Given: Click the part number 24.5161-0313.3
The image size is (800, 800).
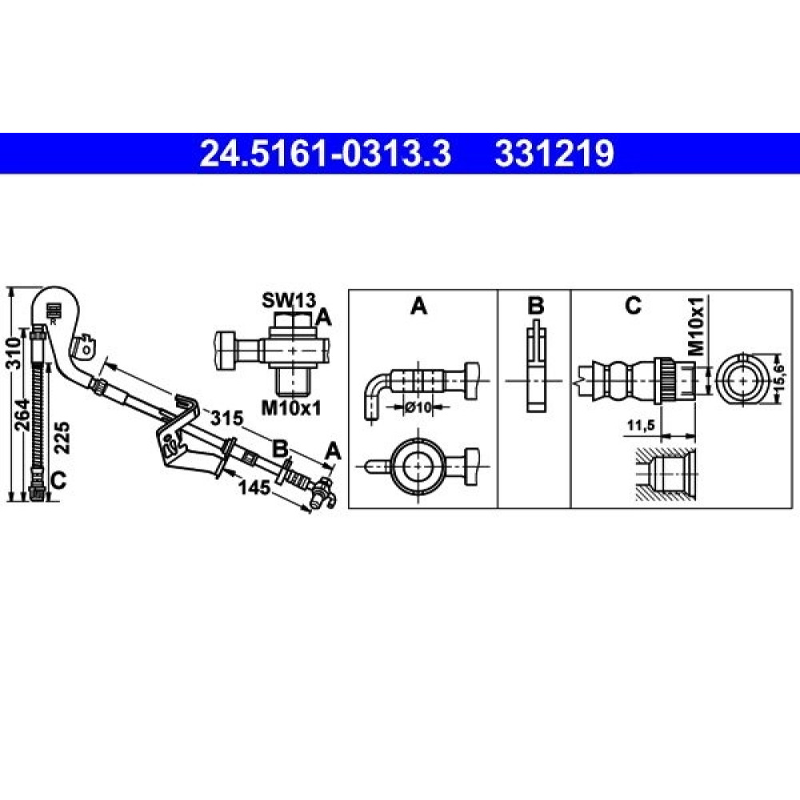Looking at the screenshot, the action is click(x=325, y=154).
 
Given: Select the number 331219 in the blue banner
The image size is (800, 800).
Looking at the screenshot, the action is click(x=554, y=154).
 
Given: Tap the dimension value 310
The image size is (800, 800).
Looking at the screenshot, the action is click(x=14, y=351).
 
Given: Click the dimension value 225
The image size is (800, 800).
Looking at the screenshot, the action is click(x=62, y=438).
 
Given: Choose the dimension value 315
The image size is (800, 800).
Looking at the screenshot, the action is click(x=227, y=418).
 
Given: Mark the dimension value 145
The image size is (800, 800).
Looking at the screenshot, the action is click(x=254, y=487).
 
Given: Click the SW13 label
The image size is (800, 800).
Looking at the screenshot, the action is click(x=289, y=301).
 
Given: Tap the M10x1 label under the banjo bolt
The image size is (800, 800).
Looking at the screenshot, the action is click(x=291, y=408).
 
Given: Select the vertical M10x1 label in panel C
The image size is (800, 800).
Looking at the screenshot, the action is click(x=696, y=326).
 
